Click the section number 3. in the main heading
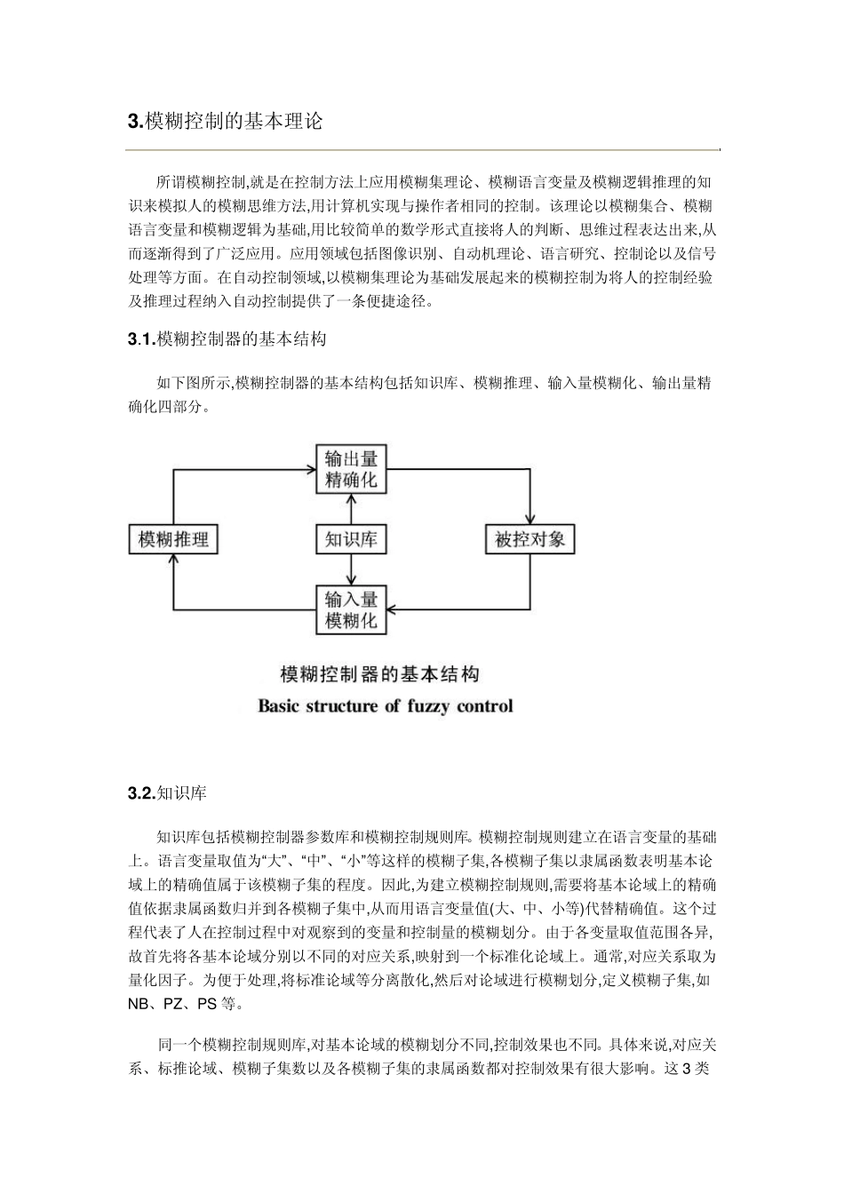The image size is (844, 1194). (135, 122)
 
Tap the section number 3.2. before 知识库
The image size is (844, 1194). (142, 793)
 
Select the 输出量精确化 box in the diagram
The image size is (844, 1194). (352, 469)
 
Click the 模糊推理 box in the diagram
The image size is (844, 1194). (173, 539)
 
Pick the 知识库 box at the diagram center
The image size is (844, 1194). (352, 539)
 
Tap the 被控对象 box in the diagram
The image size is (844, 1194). (530, 539)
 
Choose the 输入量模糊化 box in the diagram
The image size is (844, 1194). (352, 609)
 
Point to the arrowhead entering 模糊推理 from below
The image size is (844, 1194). (174, 559)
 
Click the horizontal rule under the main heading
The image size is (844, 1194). (424, 149)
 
